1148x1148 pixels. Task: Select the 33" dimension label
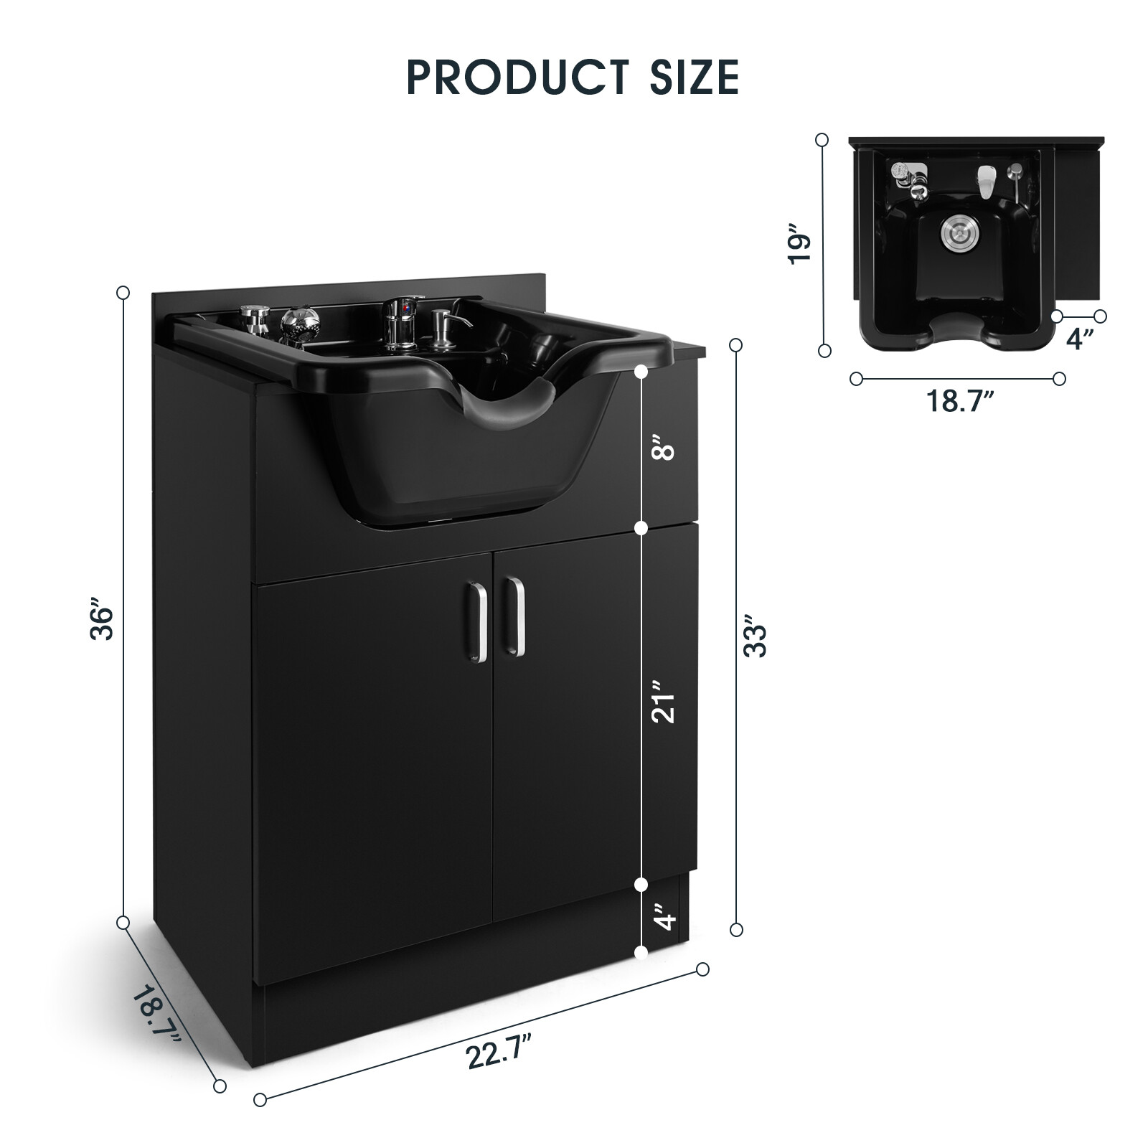coord(756,636)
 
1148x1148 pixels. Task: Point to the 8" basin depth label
coord(667,451)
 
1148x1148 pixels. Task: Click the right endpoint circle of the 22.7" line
coord(702,969)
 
